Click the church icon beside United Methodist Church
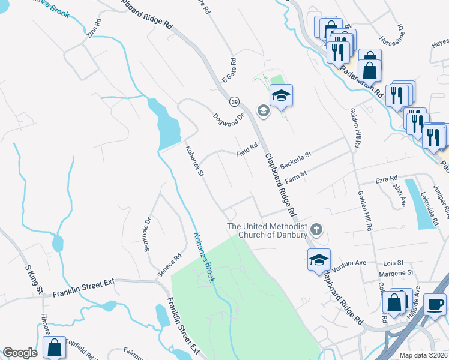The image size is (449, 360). click(x=316, y=229)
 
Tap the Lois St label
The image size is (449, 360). click(x=393, y=263)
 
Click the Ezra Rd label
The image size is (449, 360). click(x=386, y=179)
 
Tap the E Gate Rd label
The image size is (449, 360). click(x=229, y=70)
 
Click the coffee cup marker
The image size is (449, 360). click(x=434, y=304)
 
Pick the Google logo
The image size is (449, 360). click(x=20, y=353)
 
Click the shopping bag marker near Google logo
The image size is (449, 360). click(x=54, y=347)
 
